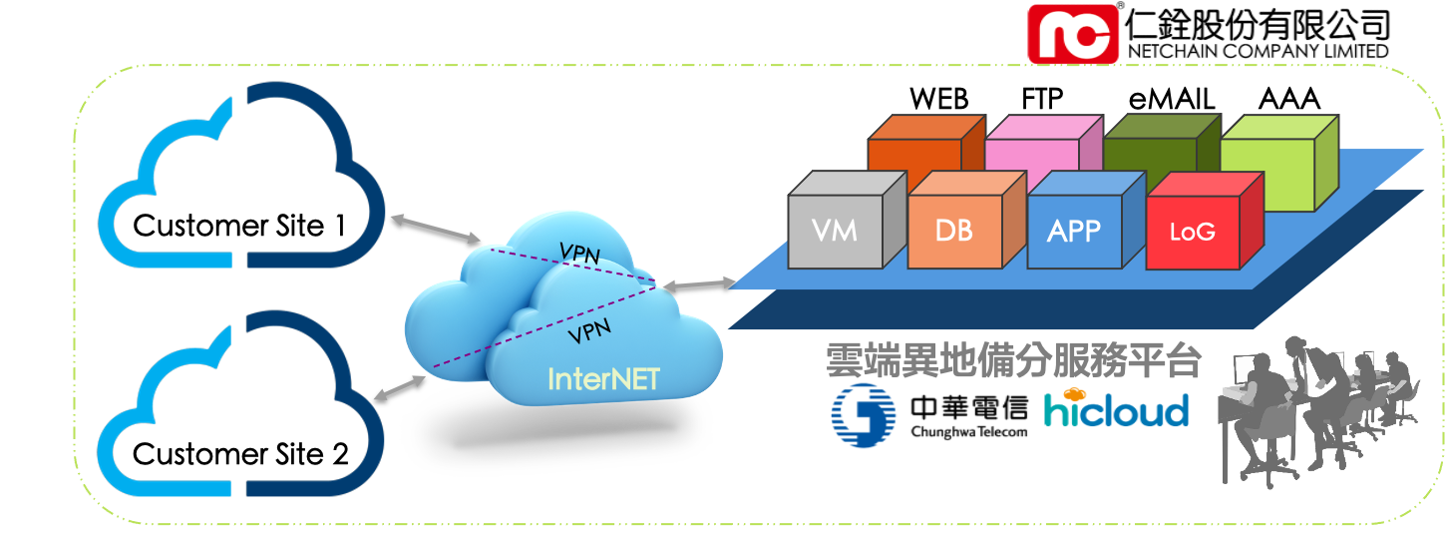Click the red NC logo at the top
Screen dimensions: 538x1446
1073,33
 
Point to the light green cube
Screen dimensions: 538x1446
1276,165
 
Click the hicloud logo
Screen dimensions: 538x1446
1116,408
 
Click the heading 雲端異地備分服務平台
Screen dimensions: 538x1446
1012,361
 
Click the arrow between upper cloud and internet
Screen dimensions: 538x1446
436,228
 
